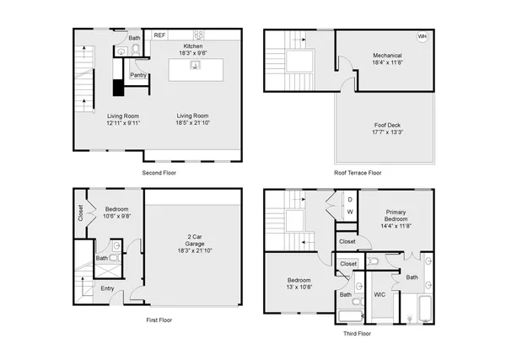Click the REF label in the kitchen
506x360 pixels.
pyautogui.click(x=159, y=35)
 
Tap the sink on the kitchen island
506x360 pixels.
pyautogui.click(x=194, y=67)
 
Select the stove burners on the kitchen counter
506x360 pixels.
pyautogui.click(x=200, y=35)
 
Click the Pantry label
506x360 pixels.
pyautogui.click(x=139, y=75)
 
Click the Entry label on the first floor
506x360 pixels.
pyautogui.click(x=108, y=289)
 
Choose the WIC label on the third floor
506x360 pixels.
pyautogui.click(x=379, y=294)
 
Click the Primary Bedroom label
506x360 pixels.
pyautogui.click(x=401, y=216)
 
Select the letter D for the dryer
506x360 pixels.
pyautogui.click(x=350, y=200)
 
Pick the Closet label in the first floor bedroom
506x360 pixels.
pyautogui.click(x=80, y=215)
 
